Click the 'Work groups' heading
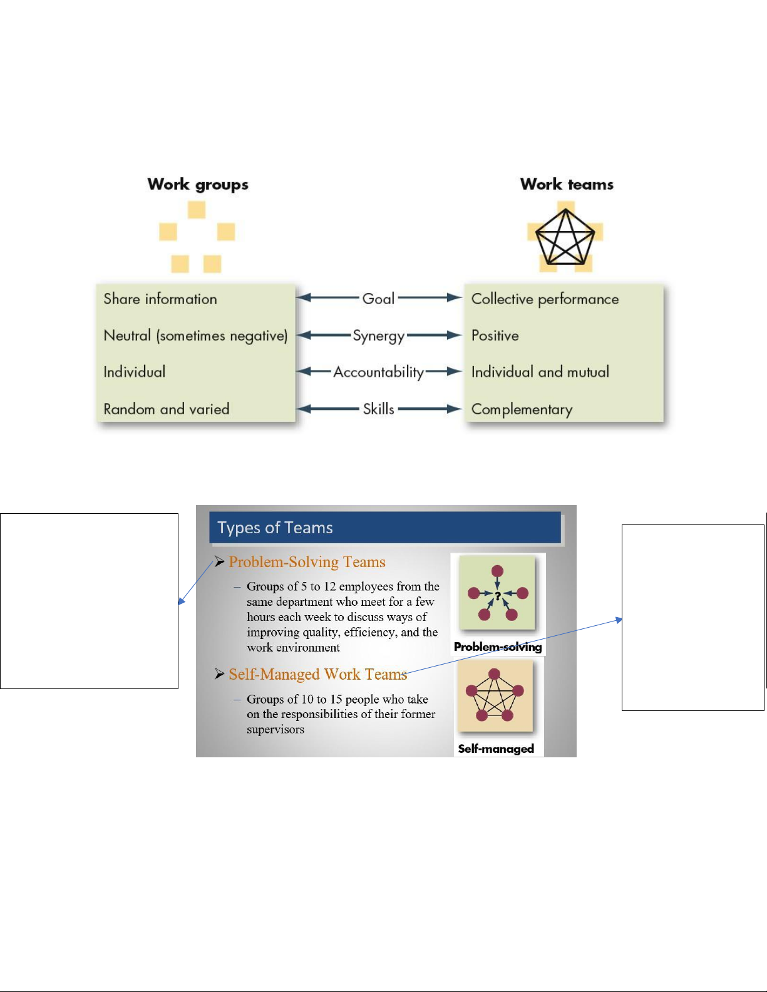[198, 185]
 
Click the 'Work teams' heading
[567, 184]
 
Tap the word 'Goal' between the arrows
[378, 299]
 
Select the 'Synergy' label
[378, 336]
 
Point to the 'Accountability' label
[378, 372]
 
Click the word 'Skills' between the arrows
[378, 409]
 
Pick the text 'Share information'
[160, 299]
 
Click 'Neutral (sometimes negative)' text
[195, 336]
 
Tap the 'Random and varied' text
[167, 409]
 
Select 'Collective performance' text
[545, 299]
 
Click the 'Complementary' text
[522, 409]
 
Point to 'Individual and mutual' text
[540, 372]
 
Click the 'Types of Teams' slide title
[275, 528]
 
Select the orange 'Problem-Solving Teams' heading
[307, 562]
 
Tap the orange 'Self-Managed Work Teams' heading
[317, 674]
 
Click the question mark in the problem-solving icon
[498, 596]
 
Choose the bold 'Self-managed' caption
[496, 749]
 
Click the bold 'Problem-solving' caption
[498, 647]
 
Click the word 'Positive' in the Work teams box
[495, 336]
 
